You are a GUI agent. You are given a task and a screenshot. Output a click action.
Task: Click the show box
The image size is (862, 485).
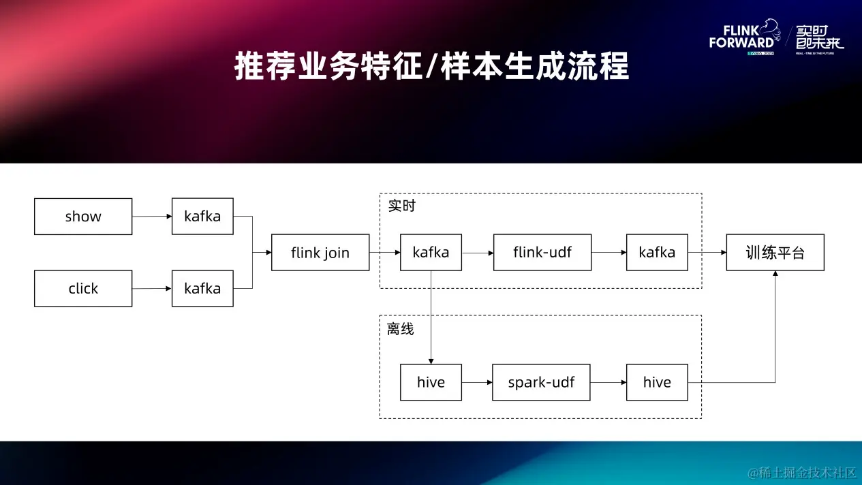pyautogui.click(x=83, y=217)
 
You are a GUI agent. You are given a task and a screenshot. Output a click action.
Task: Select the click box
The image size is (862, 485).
pyautogui.click(x=83, y=288)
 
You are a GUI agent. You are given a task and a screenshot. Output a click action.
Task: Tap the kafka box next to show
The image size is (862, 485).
pyautogui.click(x=202, y=217)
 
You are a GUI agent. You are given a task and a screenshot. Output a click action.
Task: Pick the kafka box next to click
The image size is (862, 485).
pyautogui.click(x=202, y=288)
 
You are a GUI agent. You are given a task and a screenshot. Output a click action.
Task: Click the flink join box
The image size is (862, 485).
pyautogui.click(x=320, y=253)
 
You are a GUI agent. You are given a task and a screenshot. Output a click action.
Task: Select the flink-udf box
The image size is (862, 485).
pyautogui.click(x=542, y=253)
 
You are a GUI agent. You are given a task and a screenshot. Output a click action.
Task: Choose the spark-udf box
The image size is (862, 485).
pyautogui.click(x=541, y=382)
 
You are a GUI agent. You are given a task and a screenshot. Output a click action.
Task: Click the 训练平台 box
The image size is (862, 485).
pyautogui.click(x=775, y=253)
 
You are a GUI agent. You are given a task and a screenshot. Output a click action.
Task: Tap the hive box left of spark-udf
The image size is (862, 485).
pyautogui.click(x=431, y=382)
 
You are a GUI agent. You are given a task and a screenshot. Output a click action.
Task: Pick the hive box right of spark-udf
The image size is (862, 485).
pyautogui.click(x=657, y=382)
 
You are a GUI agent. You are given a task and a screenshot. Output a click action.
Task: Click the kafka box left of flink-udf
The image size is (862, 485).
pyautogui.click(x=431, y=253)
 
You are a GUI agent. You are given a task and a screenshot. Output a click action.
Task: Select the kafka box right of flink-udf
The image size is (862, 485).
pyautogui.click(x=657, y=253)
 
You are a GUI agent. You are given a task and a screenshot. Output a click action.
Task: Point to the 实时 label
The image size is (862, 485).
pyautogui.click(x=402, y=206)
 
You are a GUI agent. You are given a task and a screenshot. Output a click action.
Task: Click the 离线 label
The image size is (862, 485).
pyautogui.click(x=401, y=329)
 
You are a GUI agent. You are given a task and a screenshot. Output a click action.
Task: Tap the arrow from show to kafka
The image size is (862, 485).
pyautogui.click(x=152, y=217)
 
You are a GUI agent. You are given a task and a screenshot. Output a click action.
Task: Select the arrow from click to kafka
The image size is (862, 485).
pyautogui.click(x=152, y=288)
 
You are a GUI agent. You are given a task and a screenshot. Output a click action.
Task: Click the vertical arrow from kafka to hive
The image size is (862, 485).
pyautogui.click(x=431, y=317)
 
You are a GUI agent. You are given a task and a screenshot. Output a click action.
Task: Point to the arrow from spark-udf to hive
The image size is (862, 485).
pyautogui.click(x=608, y=382)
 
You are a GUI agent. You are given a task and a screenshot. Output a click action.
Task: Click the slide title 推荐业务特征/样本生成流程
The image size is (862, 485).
pyautogui.click(x=431, y=67)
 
